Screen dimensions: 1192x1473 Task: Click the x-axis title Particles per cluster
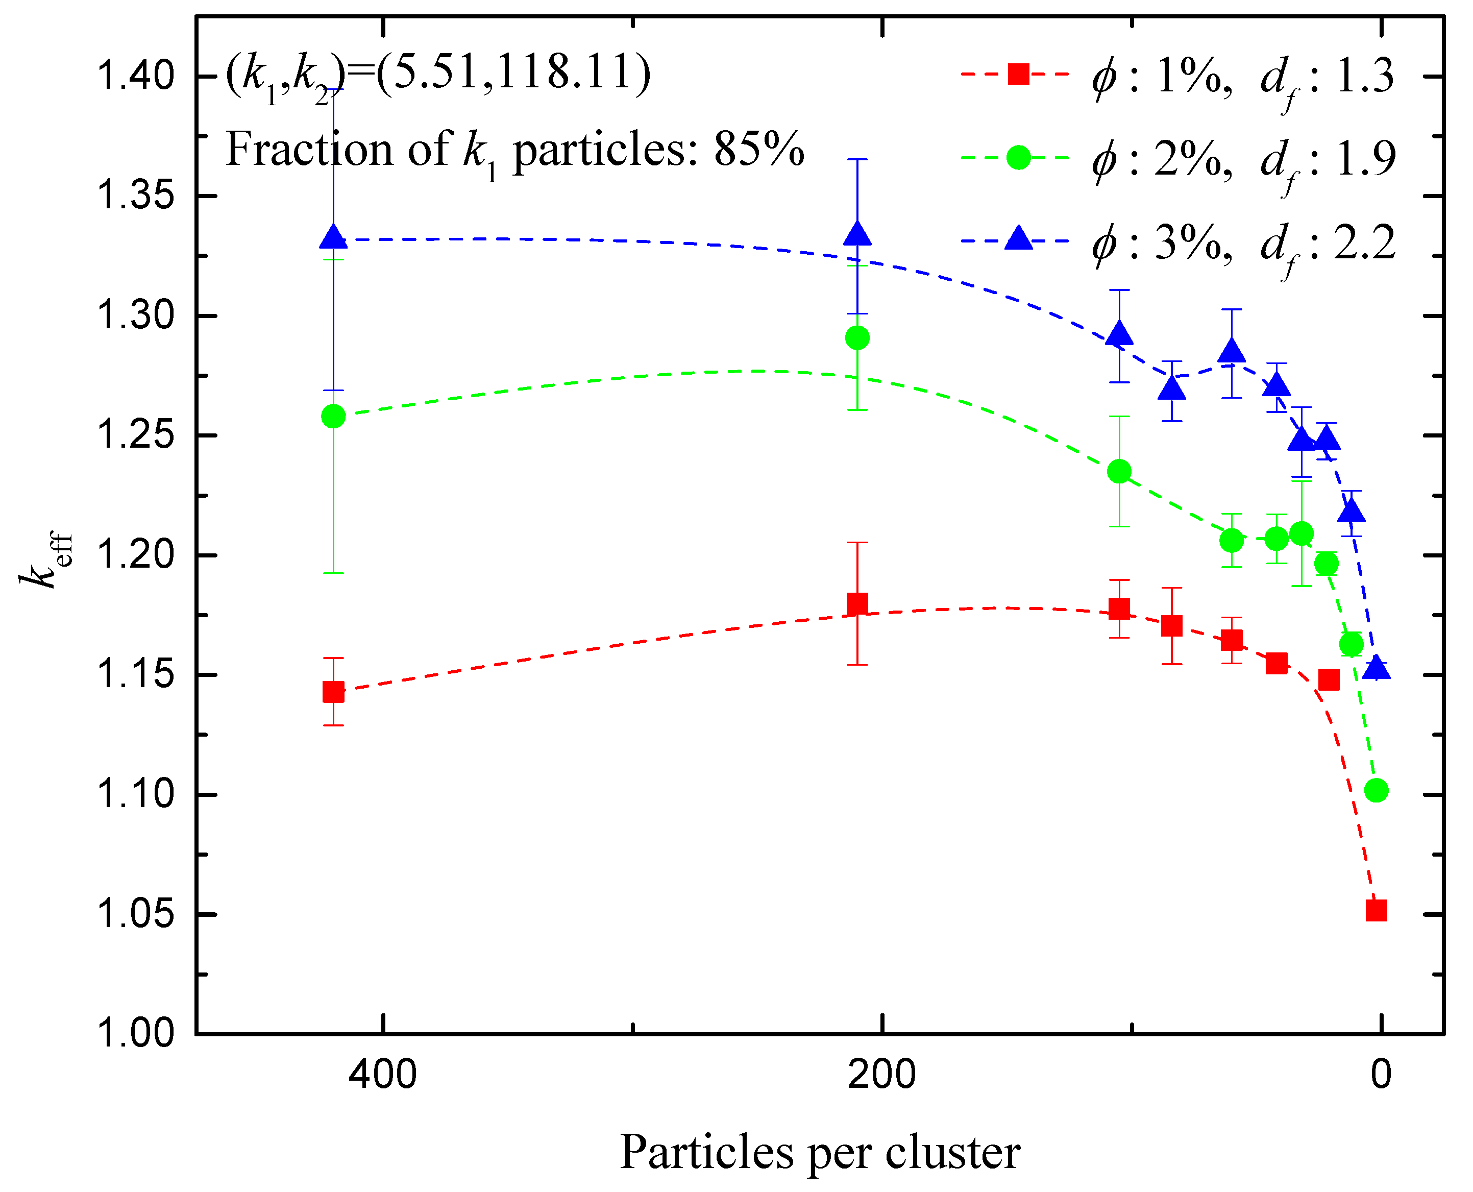(x=820, y=1152)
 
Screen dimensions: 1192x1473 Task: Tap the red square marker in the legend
(x=1019, y=74)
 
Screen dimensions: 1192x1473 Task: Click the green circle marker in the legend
(x=1019, y=157)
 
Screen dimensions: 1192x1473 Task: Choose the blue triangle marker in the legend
(x=1019, y=239)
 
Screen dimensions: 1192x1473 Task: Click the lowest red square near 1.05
(x=1376, y=911)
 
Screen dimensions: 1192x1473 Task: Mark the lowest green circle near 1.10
(x=1376, y=790)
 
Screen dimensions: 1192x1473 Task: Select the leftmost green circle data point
(x=334, y=416)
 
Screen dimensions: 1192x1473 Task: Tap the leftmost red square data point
(x=334, y=692)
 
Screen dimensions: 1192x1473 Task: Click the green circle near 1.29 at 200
(x=857, y=338)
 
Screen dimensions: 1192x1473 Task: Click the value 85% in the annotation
(x=758, y=149)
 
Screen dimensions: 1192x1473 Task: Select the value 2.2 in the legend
(x=1365, y=242)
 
